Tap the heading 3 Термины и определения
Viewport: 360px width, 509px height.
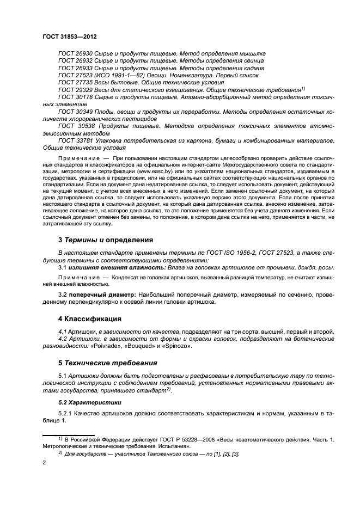[106, 240]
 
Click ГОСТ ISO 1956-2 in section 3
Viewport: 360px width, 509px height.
[191, 253]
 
